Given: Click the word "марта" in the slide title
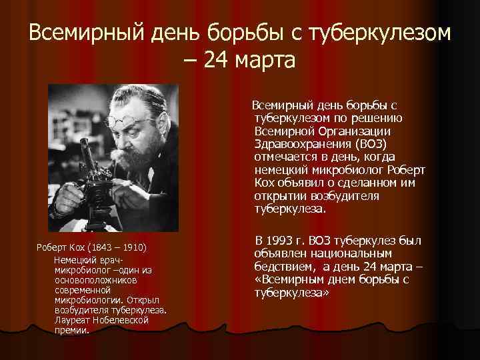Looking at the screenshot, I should click(263, 61).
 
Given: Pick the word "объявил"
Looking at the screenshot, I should click(300, 182).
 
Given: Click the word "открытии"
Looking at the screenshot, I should click(280, 195).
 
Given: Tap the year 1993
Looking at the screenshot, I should click(287, 241).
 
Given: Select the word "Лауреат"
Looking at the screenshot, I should click(73, 321).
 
